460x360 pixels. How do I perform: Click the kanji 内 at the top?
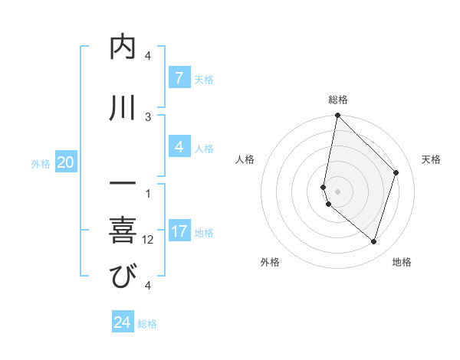click(123, 48)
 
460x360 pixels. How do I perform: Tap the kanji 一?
click(123, 185)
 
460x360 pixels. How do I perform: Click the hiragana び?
click(123, 277)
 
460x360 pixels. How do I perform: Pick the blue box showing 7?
click(179, 77)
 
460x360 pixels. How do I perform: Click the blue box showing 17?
click(179, 231)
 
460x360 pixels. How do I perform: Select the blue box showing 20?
click(66, 162)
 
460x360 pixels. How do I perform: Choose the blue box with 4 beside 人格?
click(179, 147)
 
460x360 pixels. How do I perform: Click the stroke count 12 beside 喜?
click(149, 240)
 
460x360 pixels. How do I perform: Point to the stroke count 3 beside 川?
click(148, 116)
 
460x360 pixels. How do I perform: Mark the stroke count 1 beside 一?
click(148, 193)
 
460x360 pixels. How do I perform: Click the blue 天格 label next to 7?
click(204, 79)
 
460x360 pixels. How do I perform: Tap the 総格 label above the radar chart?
click(338, 100)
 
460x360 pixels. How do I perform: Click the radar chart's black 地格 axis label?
click(402, 262)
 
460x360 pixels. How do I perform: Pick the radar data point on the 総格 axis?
click(337, 116)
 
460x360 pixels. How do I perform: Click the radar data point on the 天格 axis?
click(396, 172)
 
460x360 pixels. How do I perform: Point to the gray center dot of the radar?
click(337, 191)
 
